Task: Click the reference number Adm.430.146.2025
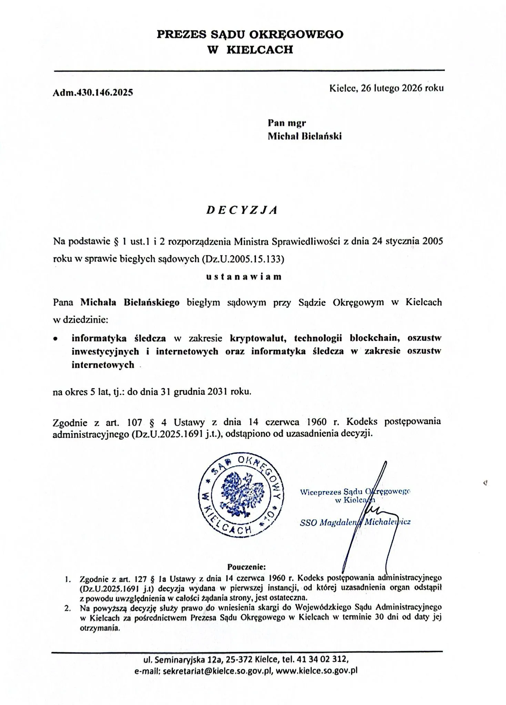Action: [93, 92]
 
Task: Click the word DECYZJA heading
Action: [242, 210]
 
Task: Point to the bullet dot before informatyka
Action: [55, 339]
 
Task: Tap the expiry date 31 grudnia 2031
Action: [193, 392]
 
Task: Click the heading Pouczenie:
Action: [246, 566]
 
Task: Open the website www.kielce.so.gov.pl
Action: [316, 671]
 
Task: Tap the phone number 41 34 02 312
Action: [323, 660]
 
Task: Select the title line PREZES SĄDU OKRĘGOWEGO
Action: [250, 34]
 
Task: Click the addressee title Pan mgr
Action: [287, 123]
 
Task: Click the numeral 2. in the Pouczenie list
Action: [68, 608]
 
